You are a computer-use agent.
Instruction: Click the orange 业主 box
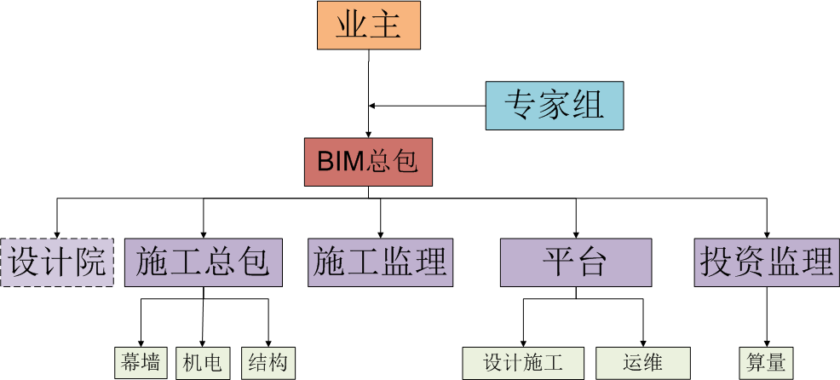pos(368,26)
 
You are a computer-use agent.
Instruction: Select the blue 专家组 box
pos(554,106)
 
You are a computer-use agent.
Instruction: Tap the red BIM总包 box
pos(368,162)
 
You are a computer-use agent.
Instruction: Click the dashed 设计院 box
pos(57,262)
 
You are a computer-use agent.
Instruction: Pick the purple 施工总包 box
pos(203,262)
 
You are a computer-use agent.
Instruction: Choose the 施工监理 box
pos(380,262)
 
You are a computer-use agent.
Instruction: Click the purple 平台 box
pos(576,262)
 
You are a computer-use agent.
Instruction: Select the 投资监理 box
pos(767,262)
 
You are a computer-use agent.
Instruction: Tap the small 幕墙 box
pos(141,363)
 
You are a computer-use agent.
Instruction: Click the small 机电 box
pos(203,363)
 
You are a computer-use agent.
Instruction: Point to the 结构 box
pos(268,363)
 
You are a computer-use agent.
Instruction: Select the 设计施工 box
pos(523,363)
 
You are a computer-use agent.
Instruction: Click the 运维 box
pos(642,363)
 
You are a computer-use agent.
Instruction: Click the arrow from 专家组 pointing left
pos(426,106)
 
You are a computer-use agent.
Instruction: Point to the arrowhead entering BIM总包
pos(368,134)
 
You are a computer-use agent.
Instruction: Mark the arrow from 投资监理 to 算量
pos(767,315)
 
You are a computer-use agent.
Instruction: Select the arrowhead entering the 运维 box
pos(642,343)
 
